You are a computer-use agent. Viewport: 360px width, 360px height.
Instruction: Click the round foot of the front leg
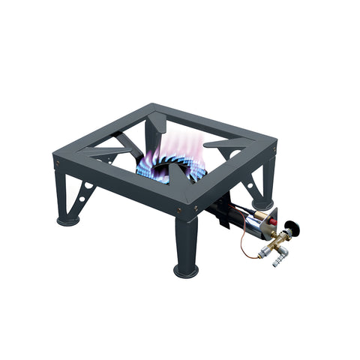(187, 269)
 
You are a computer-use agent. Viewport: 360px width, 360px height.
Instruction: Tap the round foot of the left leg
(68, 220)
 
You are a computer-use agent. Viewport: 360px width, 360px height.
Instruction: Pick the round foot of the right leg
(263, 202)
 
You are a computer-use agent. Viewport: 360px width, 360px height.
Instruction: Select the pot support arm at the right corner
(226, 144)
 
